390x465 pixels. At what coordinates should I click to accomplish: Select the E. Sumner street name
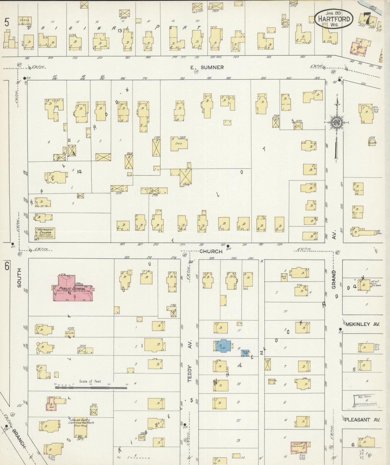[x=207, y=67]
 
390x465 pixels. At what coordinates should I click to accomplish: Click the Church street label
[x=211, y=251]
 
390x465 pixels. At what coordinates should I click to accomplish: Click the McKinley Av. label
[x=362, y=324]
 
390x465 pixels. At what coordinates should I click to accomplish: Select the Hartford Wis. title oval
[x=334, y=19]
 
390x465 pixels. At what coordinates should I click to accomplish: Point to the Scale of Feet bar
[x=91, y=388]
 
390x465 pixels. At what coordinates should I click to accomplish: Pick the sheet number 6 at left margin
[x=6, y=266]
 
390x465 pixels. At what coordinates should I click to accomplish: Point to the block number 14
[x=79, y=171]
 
